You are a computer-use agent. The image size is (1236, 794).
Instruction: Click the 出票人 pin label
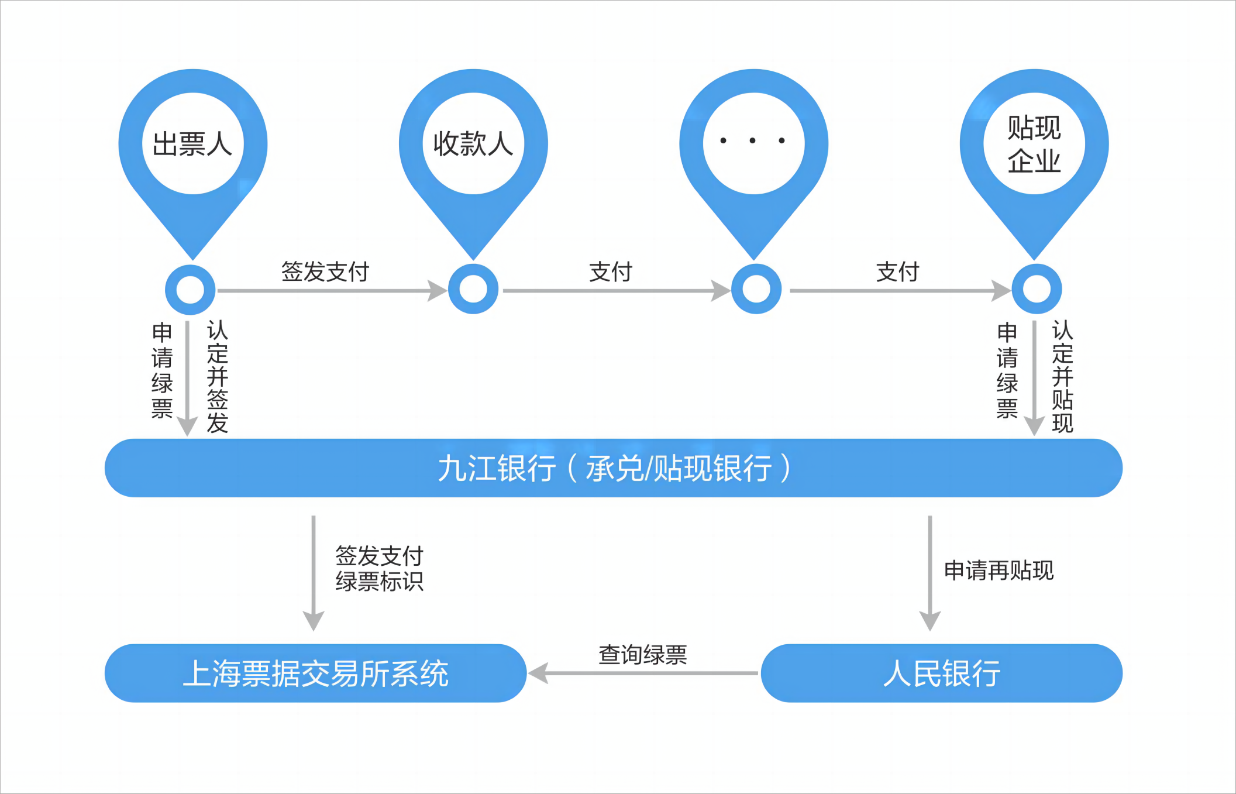click(x=192, y=143)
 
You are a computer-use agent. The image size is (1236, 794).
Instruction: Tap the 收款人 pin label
click(x=473, y=143)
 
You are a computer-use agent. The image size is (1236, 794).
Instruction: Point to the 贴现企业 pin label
click(x=1034, y=144)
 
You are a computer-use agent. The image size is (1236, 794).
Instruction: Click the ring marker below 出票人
click(x=190, y=289)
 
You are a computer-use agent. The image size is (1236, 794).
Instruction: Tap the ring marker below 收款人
click(x=473, y=289)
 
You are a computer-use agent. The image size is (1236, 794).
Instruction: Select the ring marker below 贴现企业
click(x=1037, y=289)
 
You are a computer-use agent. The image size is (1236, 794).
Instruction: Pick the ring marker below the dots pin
click(x=756, y=289)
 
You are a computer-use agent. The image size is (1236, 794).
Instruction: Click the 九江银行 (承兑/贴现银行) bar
click(x=613, y=468)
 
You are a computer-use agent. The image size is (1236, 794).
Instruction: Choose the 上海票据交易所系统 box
click(x=315, y=673)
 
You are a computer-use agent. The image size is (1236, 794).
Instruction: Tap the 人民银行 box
click(x=941, y=673)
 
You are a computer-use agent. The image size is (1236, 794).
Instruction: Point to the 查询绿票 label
click(x=642, y=655)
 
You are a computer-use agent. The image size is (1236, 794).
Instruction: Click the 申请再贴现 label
click(x=999, y=570)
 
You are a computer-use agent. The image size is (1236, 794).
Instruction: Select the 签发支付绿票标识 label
click(x=379, y=569)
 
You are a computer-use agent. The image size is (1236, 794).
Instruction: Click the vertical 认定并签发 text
click(x=218, y=376)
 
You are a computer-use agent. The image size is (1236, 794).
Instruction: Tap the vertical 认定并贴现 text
click(x=1062, y=376)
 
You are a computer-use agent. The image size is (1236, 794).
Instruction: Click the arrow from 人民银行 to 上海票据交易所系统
click(x=643, y=673)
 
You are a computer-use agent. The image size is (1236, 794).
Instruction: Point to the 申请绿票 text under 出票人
click(x=162, y=370)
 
